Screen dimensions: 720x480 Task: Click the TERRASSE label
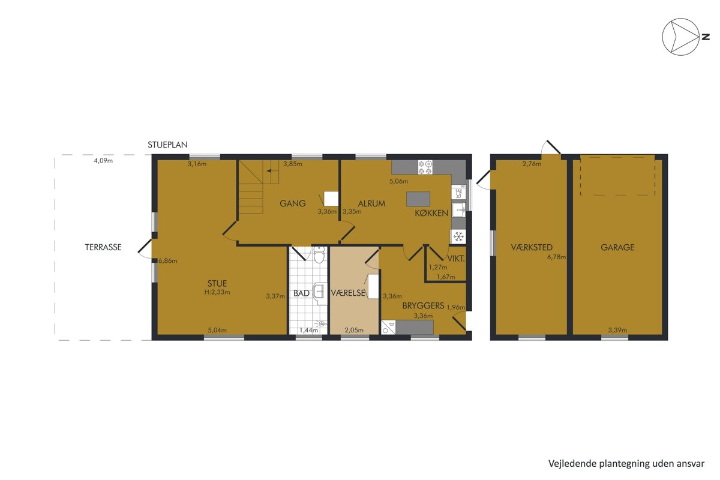[103, 247]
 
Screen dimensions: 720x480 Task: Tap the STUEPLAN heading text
[167, 145]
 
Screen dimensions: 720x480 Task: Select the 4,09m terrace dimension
[103, 161]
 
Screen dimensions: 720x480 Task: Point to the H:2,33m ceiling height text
[217, 292]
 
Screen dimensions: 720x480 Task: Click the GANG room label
[293, 203]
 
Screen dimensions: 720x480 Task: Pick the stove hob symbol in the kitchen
[425, 167]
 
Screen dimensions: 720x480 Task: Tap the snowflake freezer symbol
[458, 237]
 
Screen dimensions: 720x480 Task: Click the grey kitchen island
[418, 199]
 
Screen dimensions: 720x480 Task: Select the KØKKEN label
[431, 213]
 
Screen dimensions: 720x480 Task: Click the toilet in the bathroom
[319, 255]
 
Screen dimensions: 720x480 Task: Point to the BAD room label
[301, 293]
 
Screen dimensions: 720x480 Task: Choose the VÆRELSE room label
[348, 293]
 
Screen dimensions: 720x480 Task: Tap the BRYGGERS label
[424, 306]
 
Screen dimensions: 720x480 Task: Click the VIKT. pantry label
[456, 259]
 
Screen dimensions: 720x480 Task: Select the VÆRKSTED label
[532, 247]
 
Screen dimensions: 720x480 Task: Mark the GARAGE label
[617, 247]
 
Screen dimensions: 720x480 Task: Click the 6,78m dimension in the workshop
[557, 257]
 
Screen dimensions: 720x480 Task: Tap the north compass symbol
[680, 37]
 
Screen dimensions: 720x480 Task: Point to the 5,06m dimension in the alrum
[399, 181]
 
